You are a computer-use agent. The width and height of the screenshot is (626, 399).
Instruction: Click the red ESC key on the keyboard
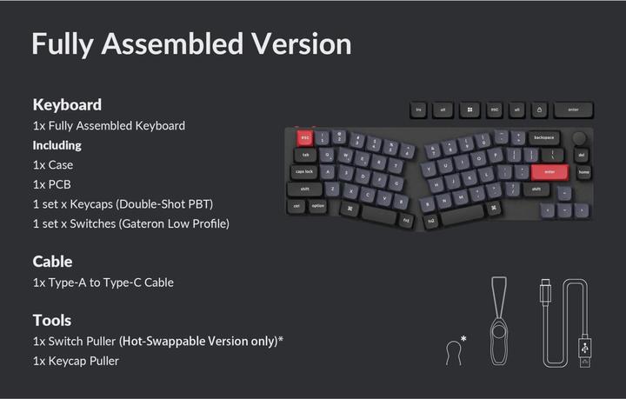click(x=305, y=137)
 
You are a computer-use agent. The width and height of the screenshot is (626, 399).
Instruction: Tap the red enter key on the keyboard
click(x=549, y=172)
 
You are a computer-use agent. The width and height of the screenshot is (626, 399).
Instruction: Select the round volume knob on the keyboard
click(x=579, y=139)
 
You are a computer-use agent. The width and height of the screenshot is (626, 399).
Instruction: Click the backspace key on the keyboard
click(x=544, y=137)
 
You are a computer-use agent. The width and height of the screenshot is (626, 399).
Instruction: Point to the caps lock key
click(x=304, y=172)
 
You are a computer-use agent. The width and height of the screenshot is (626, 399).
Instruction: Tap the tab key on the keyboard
click(x=305, y=155)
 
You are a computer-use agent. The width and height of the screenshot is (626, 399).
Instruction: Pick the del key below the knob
click(x=582, y=156)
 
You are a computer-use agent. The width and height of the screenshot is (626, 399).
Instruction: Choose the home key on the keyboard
click(x=583, y=172)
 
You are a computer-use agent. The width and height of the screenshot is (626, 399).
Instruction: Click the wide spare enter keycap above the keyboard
click(x=573, y=110)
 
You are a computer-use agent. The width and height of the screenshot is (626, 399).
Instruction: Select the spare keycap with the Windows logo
click(x=469, y=110)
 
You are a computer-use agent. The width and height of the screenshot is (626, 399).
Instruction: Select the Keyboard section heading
click(x=67, y=104)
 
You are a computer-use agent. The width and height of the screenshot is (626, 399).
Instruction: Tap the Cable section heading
click(x=52, y=261)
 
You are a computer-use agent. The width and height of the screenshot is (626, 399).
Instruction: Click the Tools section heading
click(x=52, y=320)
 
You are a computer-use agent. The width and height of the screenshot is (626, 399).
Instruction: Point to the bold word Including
click(x=57, y=145)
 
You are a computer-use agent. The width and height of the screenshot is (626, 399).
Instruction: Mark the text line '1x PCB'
click(x=53, y=184)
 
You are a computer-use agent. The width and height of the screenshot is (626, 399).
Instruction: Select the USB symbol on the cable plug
click(x=585, y=346)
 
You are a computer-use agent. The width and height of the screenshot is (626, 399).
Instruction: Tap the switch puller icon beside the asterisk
click(x=451, y=351)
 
